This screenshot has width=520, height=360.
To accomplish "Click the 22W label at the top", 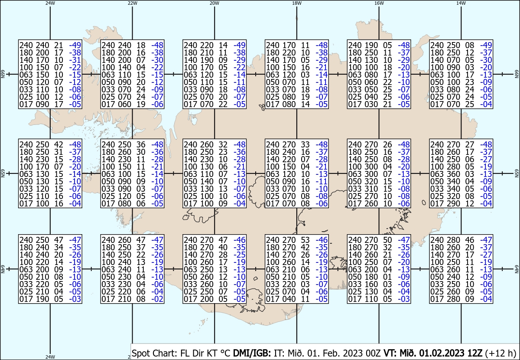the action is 132,3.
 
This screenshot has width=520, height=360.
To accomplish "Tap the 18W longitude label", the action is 297,3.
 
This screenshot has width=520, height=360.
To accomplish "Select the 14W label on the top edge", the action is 461,3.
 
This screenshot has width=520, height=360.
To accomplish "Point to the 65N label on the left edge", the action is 3,173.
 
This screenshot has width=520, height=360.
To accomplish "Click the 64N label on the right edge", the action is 517,269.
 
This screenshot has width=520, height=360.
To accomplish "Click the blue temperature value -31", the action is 75,60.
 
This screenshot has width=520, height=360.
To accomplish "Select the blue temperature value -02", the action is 157,299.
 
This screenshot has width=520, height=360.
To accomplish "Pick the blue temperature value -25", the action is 239,255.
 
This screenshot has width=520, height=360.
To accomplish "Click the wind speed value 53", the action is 305,240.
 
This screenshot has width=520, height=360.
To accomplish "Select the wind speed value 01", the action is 387,277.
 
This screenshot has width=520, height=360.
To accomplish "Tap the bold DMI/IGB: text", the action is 252,353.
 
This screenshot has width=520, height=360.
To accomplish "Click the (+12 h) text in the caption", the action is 500,353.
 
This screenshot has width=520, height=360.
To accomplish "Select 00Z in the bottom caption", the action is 373,353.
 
